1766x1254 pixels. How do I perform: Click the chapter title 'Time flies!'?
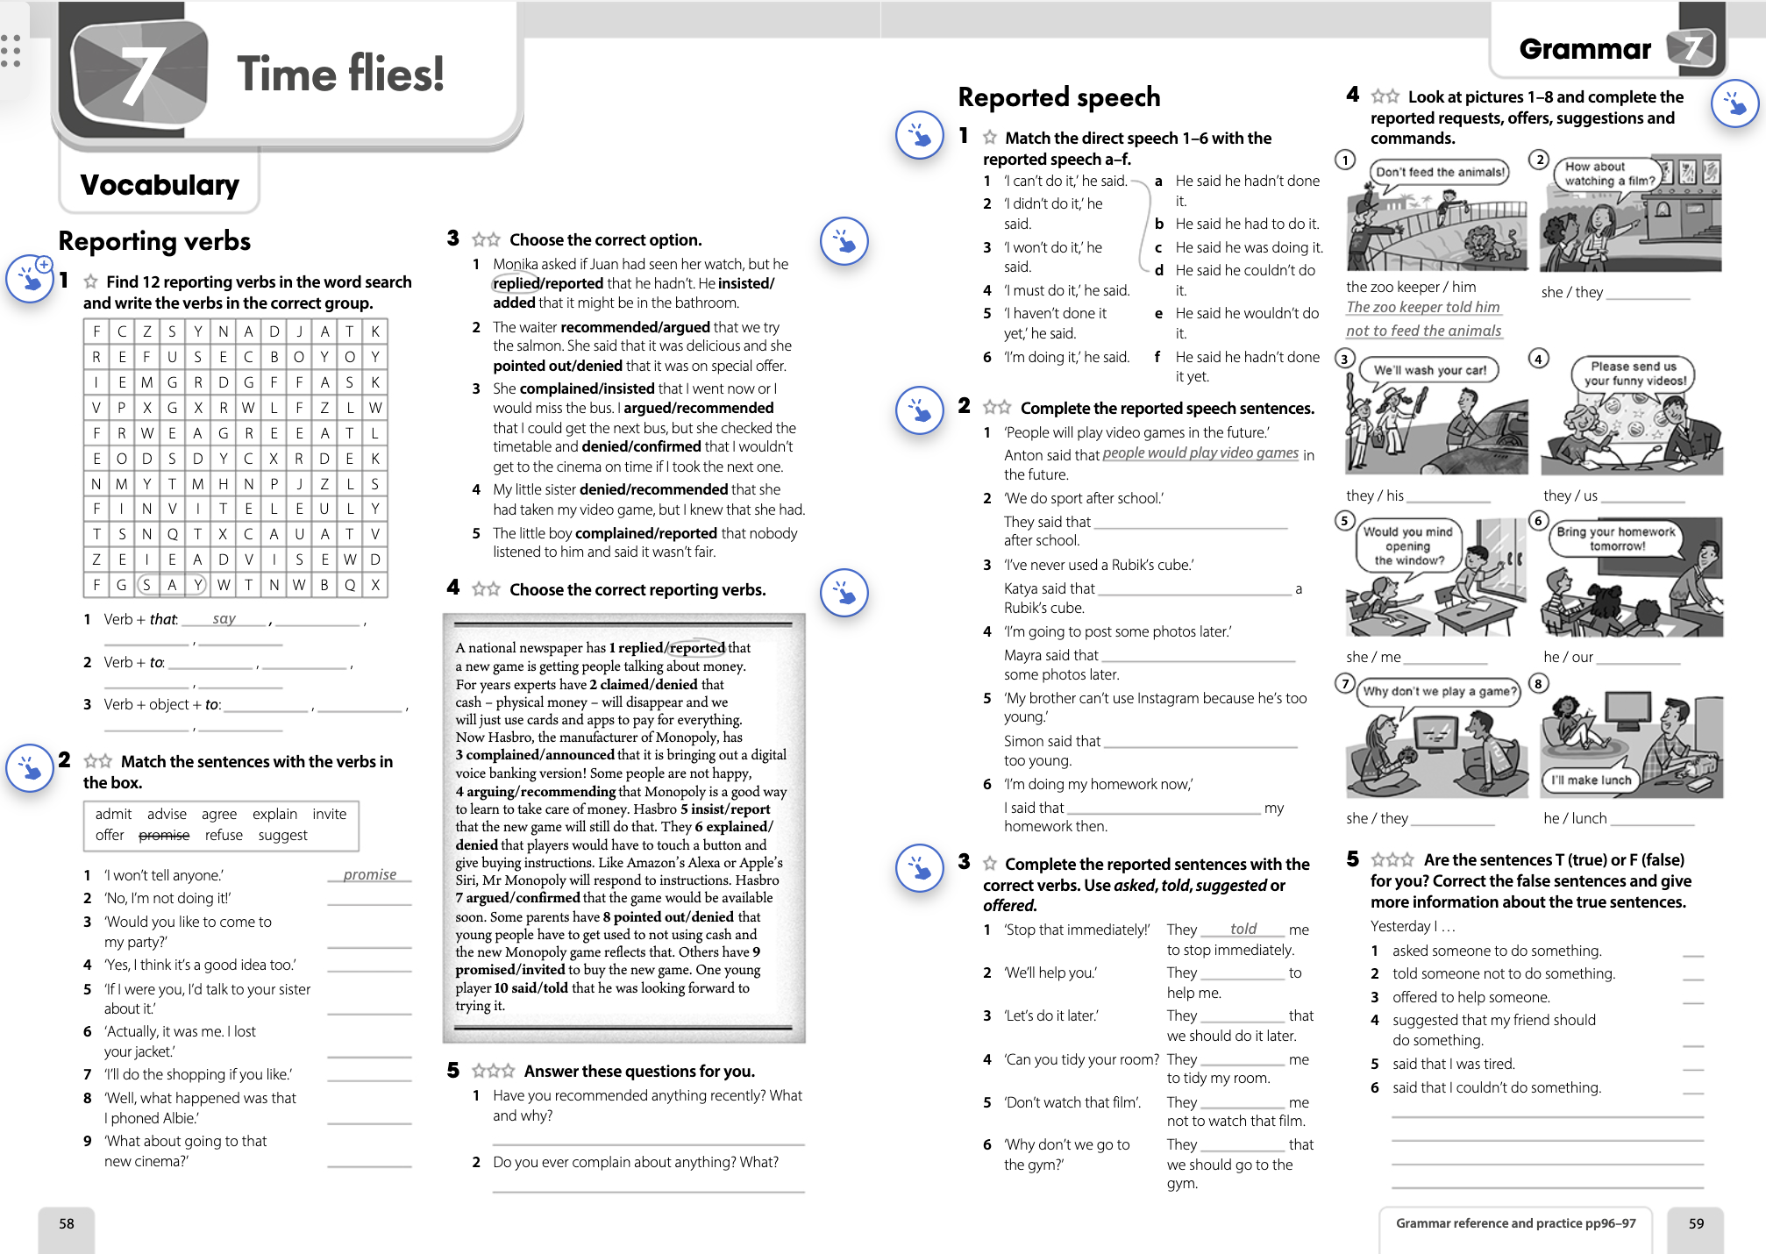click(340, 74)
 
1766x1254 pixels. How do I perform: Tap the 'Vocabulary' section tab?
click(160, 185)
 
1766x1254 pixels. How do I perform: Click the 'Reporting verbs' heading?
click(154, 241)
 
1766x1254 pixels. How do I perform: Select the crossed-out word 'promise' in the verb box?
click(164, 836)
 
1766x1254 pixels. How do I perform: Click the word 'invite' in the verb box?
click(329, 814)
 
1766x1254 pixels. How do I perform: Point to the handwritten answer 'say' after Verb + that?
click(224, 619)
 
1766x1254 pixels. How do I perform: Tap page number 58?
click(67, 1224)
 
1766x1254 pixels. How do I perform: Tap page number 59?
click(1696, 1224)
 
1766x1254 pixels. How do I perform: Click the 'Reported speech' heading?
click(1058, 97)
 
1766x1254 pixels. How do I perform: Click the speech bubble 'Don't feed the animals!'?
click(1440, 173)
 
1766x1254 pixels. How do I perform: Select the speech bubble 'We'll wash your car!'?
click(1429, 370)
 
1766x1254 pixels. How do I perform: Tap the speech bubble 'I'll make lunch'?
click(1591, 780)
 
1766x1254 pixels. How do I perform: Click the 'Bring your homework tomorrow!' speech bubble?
click(1615, 538)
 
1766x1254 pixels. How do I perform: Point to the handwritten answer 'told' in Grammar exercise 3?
click(1243, 929)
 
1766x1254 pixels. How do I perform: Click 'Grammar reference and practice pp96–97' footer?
click(1515, 1223)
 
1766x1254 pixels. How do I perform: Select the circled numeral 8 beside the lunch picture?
click(1538, 684)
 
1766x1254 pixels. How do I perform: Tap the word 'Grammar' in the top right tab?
click(1584, 49)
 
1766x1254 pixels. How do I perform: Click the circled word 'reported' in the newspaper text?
click(697, 648)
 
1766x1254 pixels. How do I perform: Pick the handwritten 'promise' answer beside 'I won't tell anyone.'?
click(370, 874)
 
